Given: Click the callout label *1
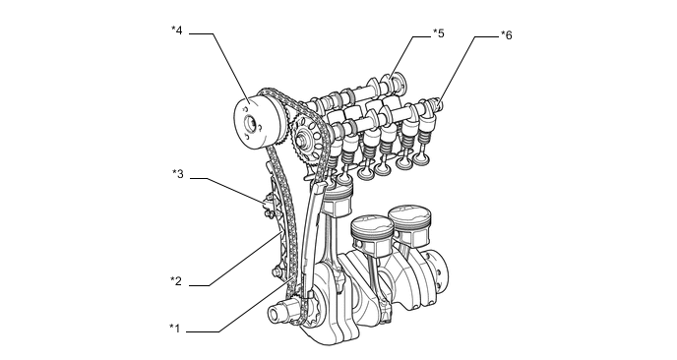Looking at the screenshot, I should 175,328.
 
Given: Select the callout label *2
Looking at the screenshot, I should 175,281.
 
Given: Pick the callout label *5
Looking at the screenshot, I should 438,33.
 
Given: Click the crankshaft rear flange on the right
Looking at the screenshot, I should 436,266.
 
